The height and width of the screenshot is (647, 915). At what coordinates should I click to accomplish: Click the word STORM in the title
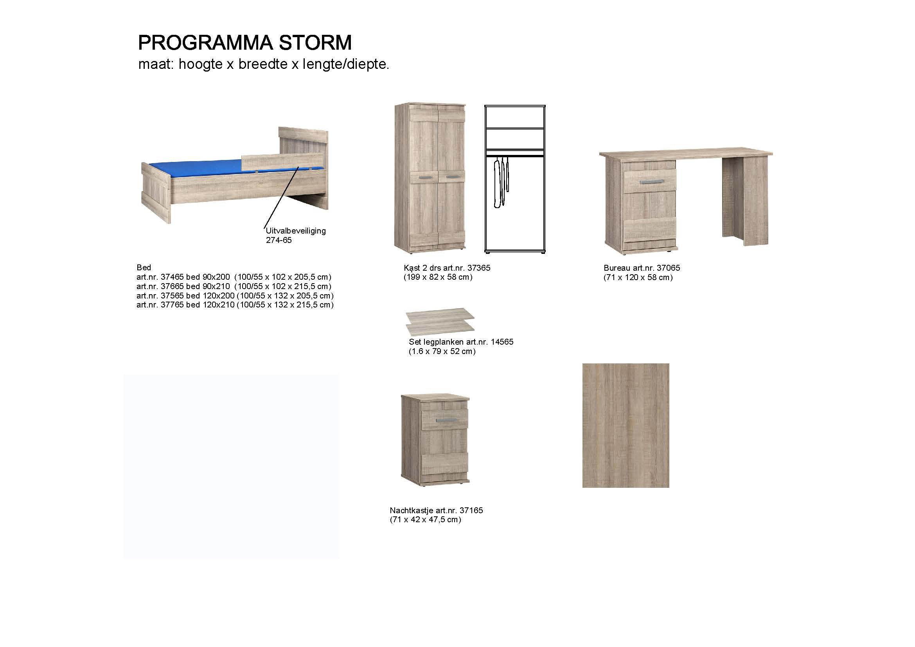[315, 43]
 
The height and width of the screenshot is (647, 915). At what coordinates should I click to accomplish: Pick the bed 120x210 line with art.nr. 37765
[235, 305]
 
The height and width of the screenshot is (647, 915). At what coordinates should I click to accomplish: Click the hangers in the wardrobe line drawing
[501, 182]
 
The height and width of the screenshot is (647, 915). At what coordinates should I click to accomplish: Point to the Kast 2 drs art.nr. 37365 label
[447, 268]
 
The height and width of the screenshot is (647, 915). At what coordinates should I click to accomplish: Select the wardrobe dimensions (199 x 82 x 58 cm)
[438, 277]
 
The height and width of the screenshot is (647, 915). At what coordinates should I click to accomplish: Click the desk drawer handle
[651, 182]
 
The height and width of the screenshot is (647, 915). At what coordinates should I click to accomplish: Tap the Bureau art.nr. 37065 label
[642, 268]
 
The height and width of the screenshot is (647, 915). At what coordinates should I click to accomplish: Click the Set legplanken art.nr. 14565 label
[461, 342]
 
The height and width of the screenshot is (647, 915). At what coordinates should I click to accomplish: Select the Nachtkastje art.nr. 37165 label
[437, 510]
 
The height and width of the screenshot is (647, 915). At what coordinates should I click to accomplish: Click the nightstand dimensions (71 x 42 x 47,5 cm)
[426, 519]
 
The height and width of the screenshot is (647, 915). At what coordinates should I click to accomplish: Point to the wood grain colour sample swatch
[626, 426]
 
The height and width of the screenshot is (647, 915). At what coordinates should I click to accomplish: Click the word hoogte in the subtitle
[200, 64]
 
